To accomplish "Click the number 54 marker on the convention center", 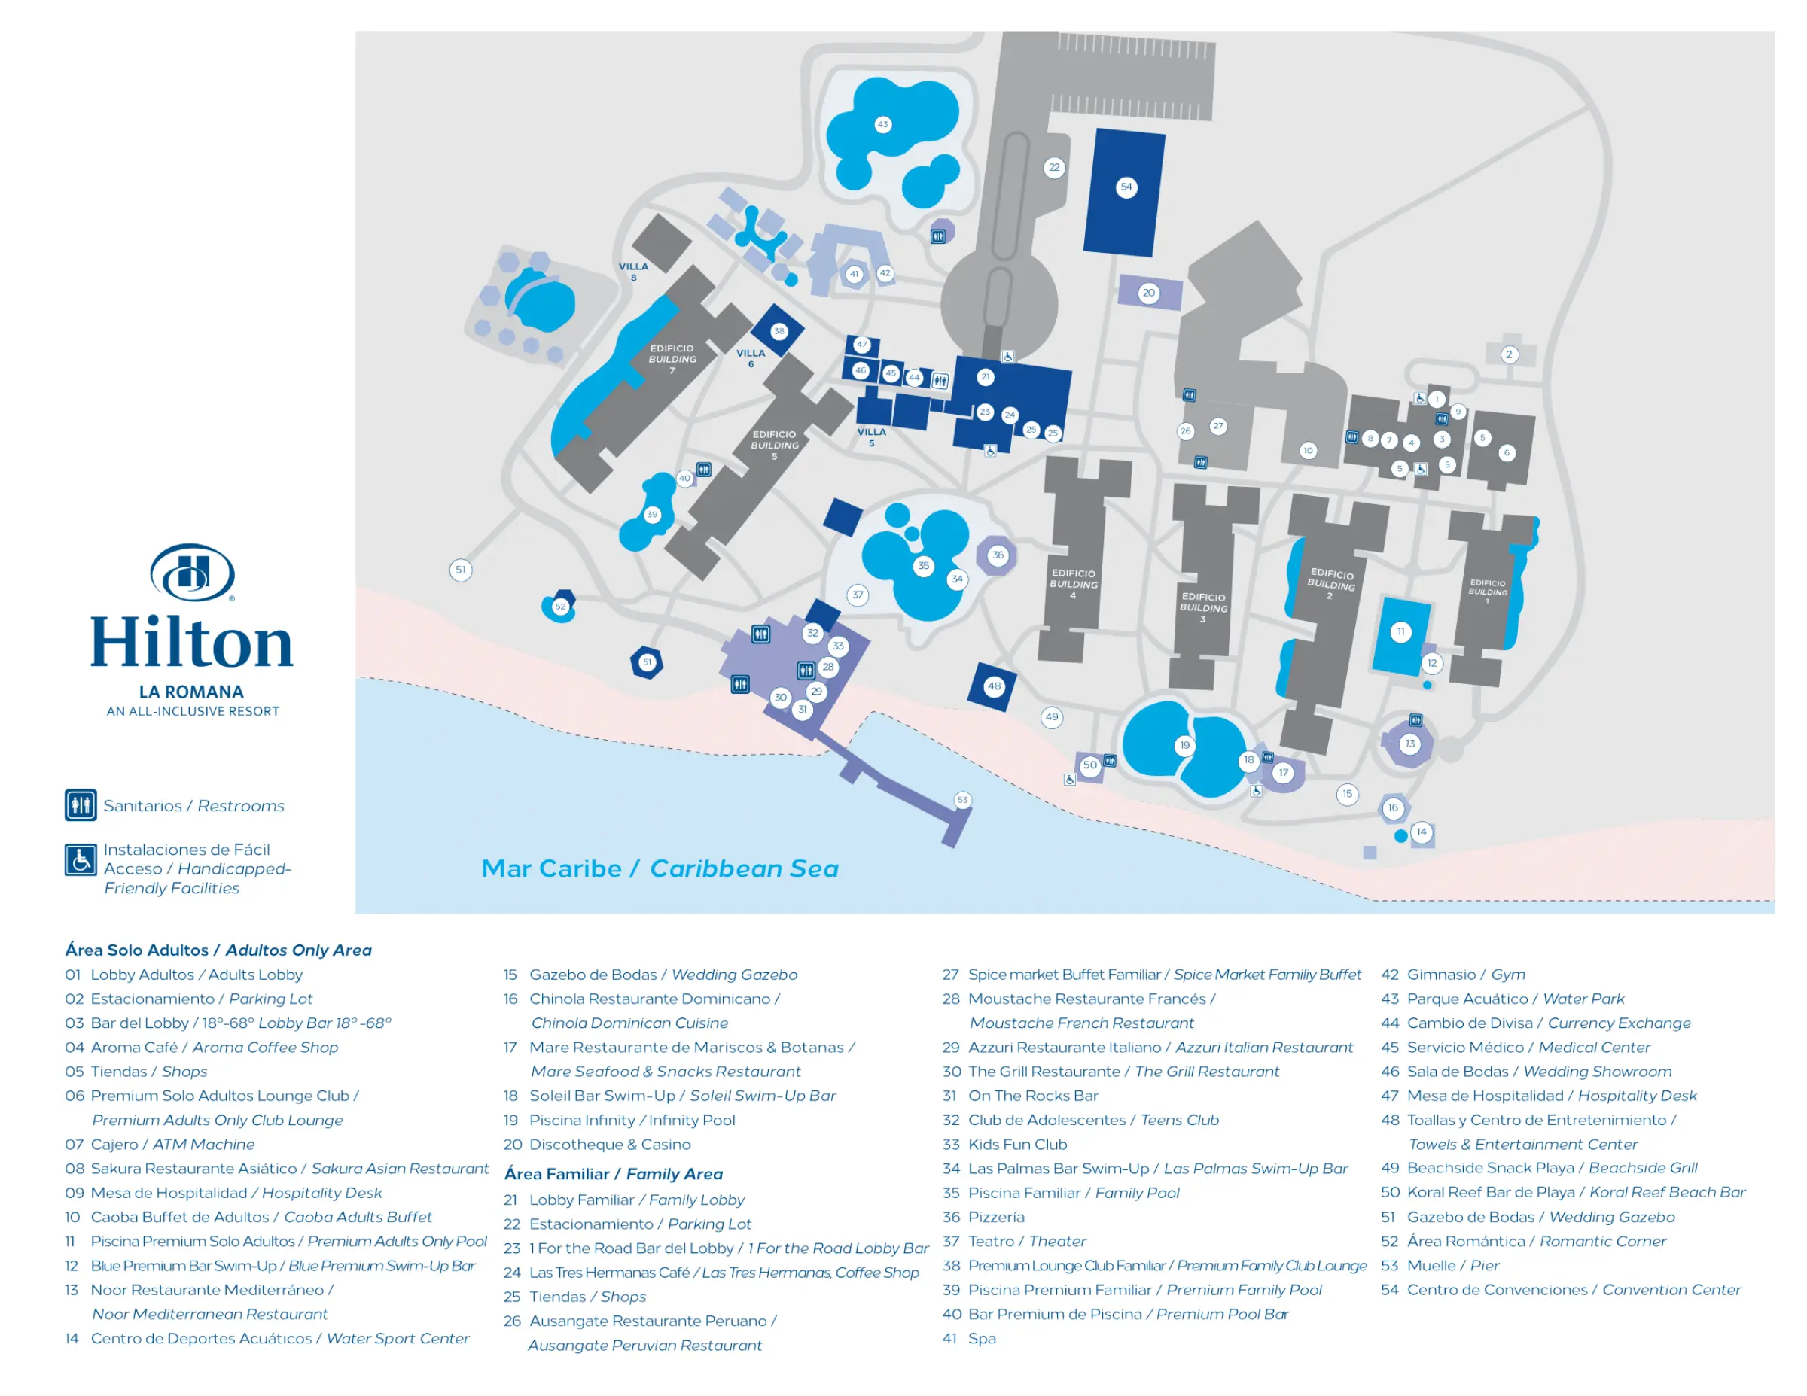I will pyautogui.click(x=1126, y=187).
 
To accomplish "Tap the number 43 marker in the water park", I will pyautogui.click(x=883, y=125).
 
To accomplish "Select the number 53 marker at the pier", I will pyautogui.click(x=962, y=800).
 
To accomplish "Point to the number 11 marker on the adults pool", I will pyautogui.click(x=1400, y=632).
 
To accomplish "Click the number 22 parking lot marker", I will pyautogui.click(x=1054, y=167).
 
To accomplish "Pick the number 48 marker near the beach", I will pyautogui.click(x=994, y=686).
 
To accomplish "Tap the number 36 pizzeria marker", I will pyautogui.click(x=998, y=555).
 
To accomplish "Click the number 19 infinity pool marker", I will pyautogui.click(x=1185, y=745).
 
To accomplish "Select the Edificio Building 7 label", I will pyautogui.click(x=672, y=359).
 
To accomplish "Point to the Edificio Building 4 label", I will pyautogui.click(x=1073, y=583).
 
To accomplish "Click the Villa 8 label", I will pyautogui.click(x=634, y=271).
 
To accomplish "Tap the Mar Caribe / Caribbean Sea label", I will pyautogui.click(x=660, y=868).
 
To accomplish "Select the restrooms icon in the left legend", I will pyautogui.click(x=81, y=804).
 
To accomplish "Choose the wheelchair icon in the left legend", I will pyautogui.click(x=81, y=860).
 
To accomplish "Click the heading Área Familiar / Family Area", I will pyautogui.click(x=613, y=1173).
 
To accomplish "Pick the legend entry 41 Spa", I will pyautogui.click(x=969, y=1338).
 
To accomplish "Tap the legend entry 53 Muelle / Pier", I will pyautogui.click(x=1440, y=1265).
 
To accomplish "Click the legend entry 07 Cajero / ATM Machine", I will pyautogui.click(x=160, y=1144).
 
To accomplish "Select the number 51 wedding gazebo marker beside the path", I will pyautogui.click(x=461, y=569).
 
